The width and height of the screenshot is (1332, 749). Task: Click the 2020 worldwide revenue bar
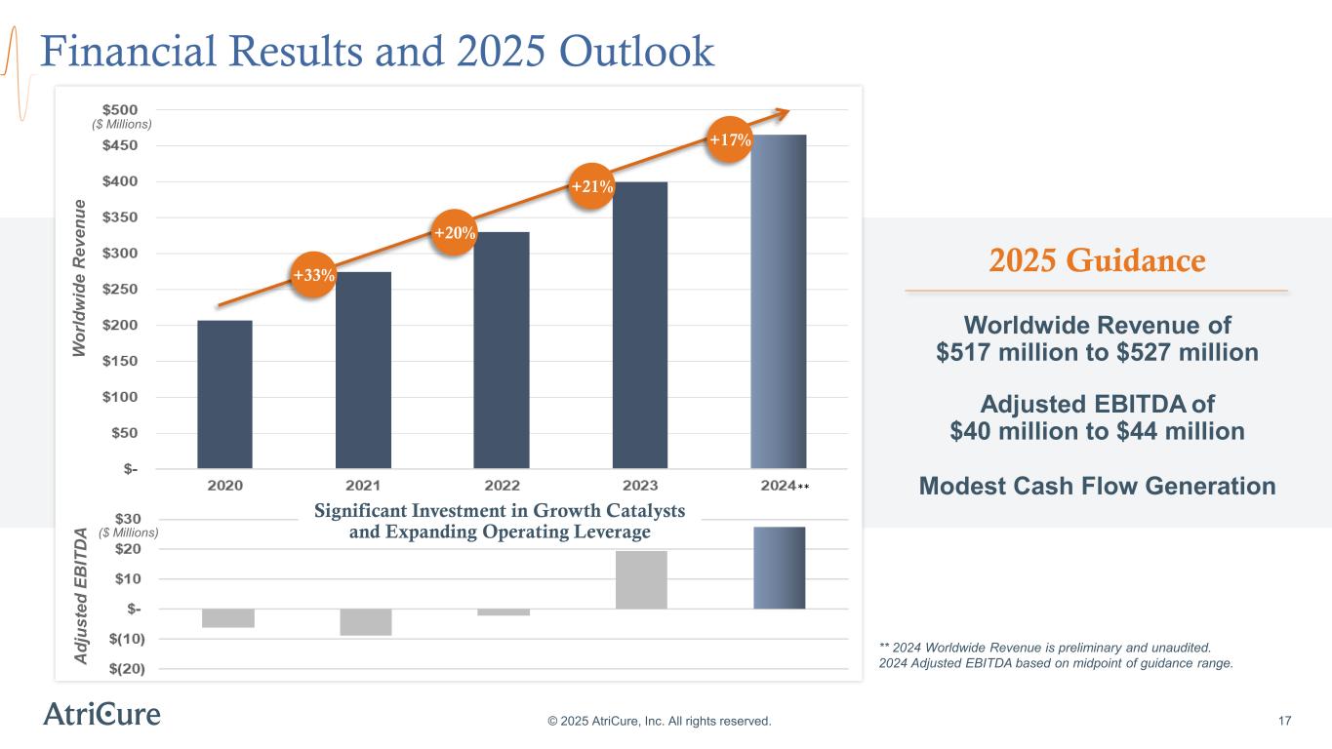224,394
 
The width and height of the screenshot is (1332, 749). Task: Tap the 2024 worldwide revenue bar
778,301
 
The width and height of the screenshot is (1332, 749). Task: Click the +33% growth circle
314,276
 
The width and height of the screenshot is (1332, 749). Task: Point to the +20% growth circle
455,232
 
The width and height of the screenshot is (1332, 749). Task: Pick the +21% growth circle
591,186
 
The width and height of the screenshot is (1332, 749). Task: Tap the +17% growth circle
730,140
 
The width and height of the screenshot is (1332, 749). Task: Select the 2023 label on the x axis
640,485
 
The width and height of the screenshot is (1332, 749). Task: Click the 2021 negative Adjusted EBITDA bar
364,622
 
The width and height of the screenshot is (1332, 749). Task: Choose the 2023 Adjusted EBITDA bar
641,580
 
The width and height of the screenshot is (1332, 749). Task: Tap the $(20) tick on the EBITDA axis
121,668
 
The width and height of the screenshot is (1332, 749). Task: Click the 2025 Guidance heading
1097,261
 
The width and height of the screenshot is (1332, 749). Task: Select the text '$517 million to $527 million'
1097,352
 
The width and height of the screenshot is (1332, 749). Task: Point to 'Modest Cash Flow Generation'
1097,486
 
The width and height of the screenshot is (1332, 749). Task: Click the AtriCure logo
101,714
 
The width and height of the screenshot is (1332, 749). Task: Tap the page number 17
1284,721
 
